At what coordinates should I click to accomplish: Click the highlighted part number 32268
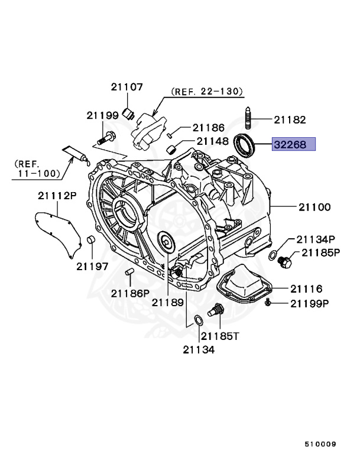coord(293,144)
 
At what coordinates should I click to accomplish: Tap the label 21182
coord(290,120)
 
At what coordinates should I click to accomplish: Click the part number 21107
coord(127,87)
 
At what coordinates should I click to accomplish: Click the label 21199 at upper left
coord(102,115)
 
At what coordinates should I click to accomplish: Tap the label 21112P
coord(58,195)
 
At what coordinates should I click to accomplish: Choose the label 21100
coord(314,207)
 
